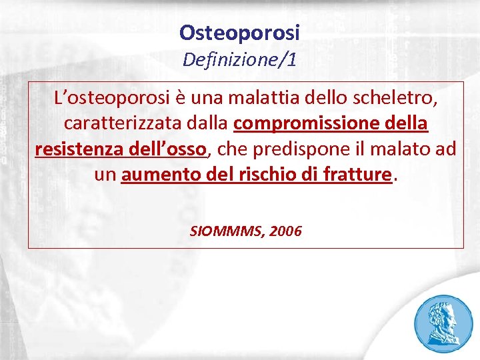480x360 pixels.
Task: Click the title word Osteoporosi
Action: [240, 32]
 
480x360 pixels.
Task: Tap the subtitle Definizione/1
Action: [240, 61]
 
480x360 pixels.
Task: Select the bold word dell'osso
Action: [169, 149]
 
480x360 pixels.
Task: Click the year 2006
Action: [286, 231]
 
